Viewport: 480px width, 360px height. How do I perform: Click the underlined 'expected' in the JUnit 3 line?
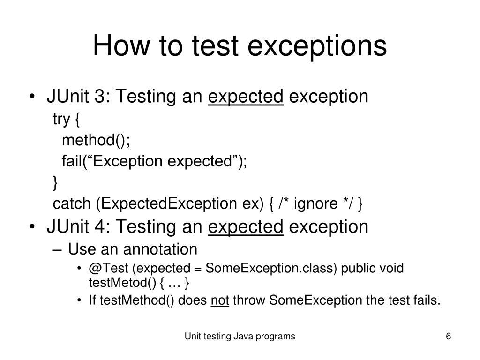(x=246, y=97)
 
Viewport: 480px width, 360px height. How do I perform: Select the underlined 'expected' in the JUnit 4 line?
(x=246, y=227)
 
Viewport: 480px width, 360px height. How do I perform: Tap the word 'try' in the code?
(x=61, y=120)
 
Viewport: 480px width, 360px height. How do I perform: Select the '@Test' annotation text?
(x=109, y=269)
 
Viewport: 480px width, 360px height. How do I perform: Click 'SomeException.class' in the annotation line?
(x=271, y=269)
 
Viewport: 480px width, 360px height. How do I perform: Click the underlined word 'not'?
(x=220, y=300)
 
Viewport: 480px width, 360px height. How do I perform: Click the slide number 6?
(x=448, y=336)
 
